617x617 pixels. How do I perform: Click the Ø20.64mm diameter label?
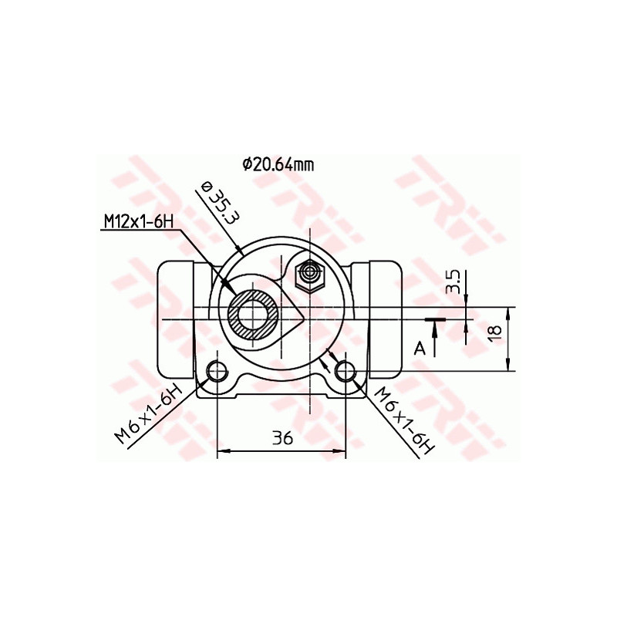278,164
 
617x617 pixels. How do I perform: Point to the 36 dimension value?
282,438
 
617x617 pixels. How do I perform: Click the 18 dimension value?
494,331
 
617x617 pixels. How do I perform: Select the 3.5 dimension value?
454,282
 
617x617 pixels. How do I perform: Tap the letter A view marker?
420,349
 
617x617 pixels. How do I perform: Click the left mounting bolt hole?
217,371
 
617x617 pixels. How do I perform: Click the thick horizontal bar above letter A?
435,318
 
